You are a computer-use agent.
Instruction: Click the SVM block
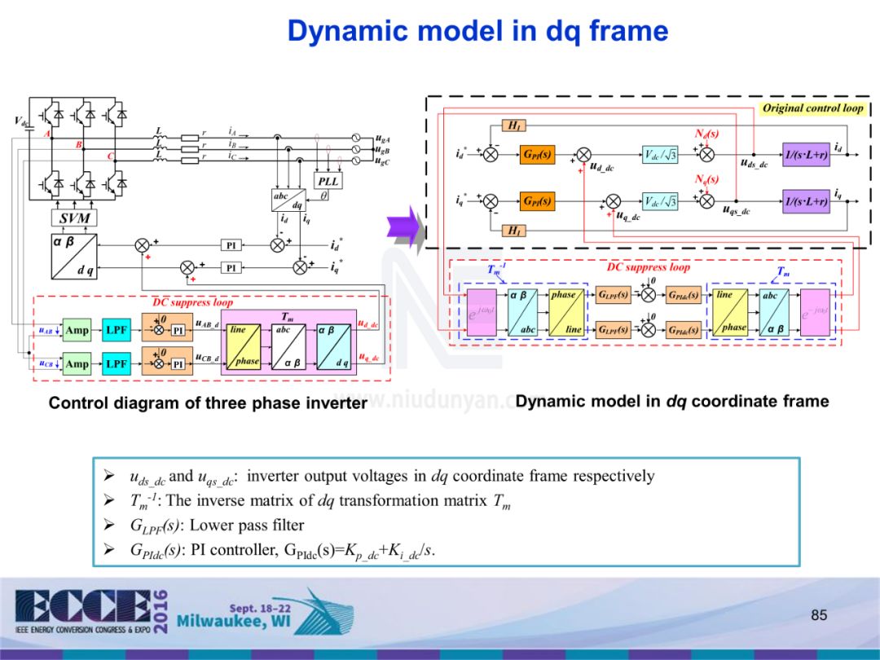tap(75, 218)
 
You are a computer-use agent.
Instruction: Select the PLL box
tap(328, 180)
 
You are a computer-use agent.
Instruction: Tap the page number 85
tap(819, 615)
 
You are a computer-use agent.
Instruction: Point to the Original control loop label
tap(812, 108)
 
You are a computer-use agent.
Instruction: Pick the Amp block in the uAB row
tap(77, 331)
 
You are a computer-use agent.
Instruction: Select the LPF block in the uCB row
tap(116, 363)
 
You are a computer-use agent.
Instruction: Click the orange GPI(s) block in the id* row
tap(537, 154)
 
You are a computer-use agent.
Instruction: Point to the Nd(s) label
tap(706, 133)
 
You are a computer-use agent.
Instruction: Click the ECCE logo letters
tap(81, 603)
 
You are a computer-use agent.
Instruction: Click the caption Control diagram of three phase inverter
tap(208, 403)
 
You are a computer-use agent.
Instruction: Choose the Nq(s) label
tap(706, 179)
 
